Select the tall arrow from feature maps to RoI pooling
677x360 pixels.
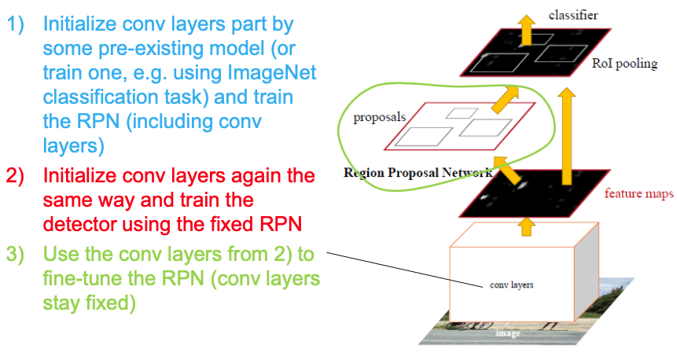coord(565,126)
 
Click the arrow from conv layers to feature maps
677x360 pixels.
coord(528,228)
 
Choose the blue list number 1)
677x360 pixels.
coord(18,24)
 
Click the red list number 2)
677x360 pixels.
coord(18,175)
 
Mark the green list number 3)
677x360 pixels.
coord(18,255)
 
